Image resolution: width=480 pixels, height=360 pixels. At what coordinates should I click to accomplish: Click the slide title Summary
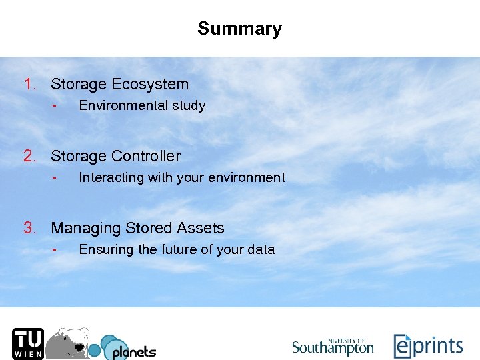(x=239, y=29)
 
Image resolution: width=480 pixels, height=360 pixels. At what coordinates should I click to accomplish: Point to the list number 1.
(x=29, y=84)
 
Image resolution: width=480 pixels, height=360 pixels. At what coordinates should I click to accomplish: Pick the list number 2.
(x=29, y=156)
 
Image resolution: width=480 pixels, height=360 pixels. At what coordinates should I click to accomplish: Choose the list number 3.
(x=29, y=228)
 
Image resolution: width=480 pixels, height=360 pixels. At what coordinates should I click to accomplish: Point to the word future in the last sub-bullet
(x=181, y=249)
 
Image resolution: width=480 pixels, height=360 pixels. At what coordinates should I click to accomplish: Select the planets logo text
(x=133, y=351)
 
